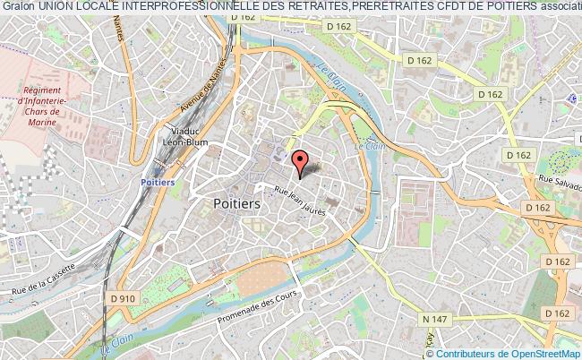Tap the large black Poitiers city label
coord(238,204)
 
